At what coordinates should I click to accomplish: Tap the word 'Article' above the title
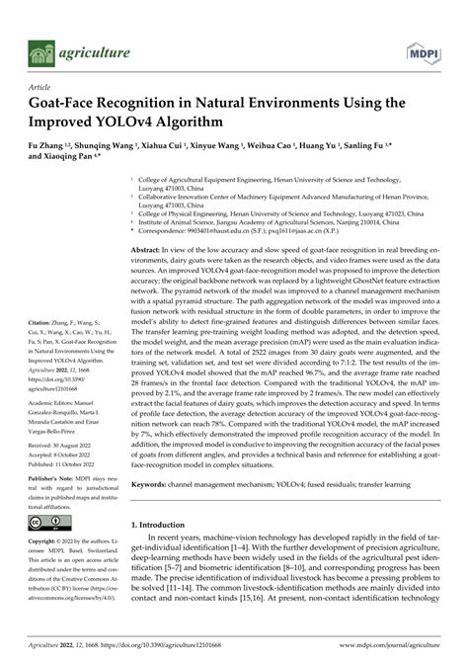(x=40, y=87)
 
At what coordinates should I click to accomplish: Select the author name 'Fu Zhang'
(x=47, y=144)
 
